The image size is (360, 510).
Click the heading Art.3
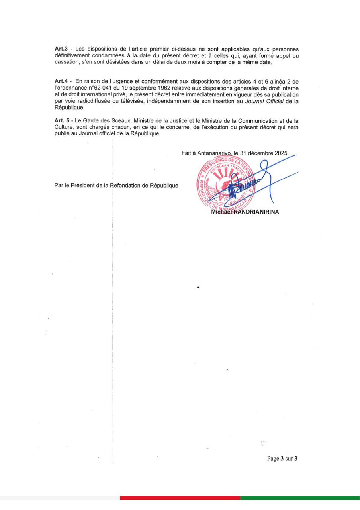point(61,48)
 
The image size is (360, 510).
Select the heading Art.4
point(61,81)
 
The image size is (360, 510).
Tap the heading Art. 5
point(62,120)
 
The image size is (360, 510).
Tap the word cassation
point(66,62)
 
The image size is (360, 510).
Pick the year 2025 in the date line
point(280,153)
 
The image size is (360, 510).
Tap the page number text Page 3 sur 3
point(282,459)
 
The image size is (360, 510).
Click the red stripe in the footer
point(180,498)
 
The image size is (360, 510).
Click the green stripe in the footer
point(299,498)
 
